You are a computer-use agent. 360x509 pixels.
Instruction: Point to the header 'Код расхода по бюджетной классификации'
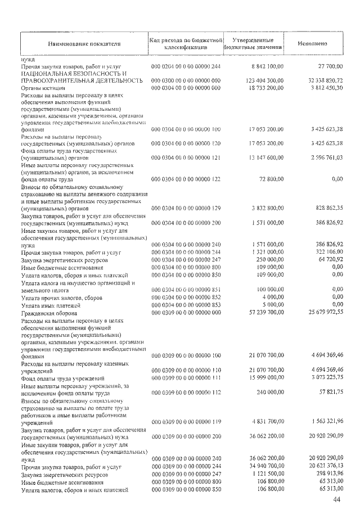tap(186, 43)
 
